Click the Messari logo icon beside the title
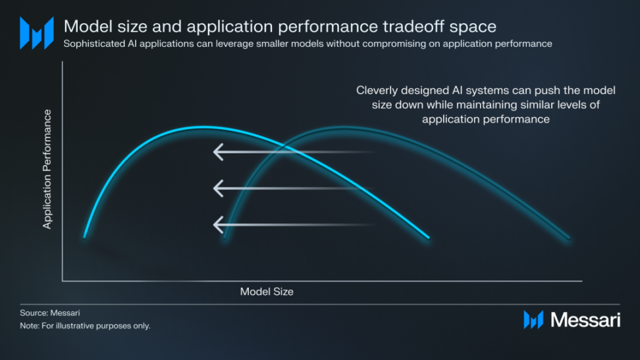coord(37,33)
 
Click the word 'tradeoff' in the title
coord(413,26)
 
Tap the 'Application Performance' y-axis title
coord(47,169)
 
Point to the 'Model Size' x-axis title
coord(267,292)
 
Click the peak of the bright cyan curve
coord(203,128)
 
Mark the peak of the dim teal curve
coord(345,128)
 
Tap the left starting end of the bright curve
coord(84,237)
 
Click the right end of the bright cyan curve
coord(428,237)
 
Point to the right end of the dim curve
coord(569,238)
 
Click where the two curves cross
coord(282,145)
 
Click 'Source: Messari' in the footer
coord(50,313)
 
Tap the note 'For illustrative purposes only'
coord(95,326)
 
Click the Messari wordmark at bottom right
coord(585,320)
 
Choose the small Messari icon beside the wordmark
coord(533,320)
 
